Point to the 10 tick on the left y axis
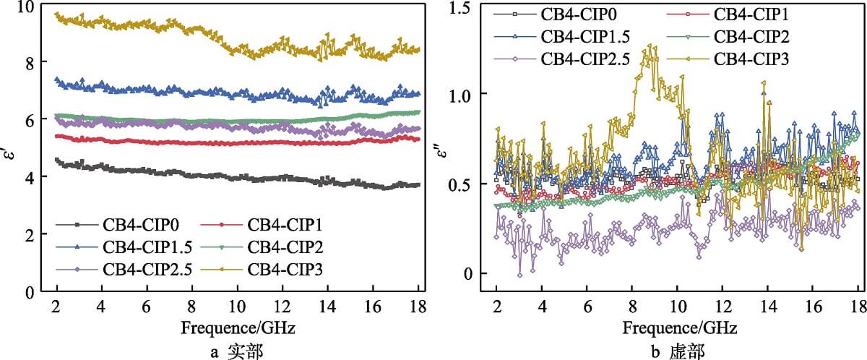29,7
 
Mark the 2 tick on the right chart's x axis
496,304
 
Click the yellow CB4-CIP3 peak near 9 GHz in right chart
652,47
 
